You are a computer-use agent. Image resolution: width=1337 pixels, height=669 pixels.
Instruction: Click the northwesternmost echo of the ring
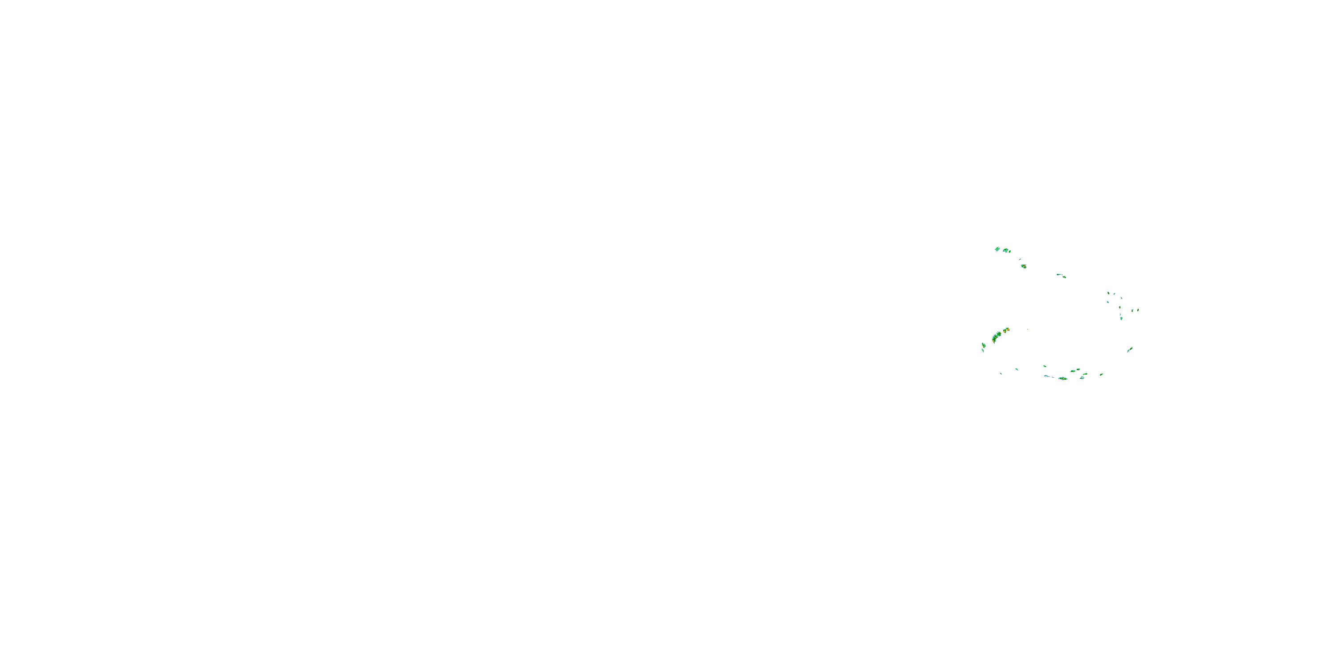coord(997,249)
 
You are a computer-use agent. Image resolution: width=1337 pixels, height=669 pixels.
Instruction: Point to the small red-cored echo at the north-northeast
coord(1061,275)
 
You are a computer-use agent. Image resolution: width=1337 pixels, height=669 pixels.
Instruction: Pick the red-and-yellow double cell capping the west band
coord(1006,330)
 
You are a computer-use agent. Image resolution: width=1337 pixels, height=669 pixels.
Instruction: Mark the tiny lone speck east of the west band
coord(1027,329)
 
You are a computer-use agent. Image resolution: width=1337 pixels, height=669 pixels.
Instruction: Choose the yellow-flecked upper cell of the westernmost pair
coord(984,345)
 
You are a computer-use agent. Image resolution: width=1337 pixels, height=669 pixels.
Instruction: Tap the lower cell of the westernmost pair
coord(983,351)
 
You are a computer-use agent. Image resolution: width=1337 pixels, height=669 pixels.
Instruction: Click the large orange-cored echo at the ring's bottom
coord(1062,378)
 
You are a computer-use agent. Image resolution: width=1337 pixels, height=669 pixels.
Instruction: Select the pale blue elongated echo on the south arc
coord(1046,376)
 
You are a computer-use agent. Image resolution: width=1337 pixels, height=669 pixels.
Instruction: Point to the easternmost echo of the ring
coord(1138,310)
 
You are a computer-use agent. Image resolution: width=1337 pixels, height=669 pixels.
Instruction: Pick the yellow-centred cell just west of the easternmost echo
coord(1132,310)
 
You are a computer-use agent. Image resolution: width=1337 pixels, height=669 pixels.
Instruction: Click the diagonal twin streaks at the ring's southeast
coord(1129,350)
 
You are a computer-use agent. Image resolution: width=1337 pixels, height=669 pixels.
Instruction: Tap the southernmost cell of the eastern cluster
coord(1121,318)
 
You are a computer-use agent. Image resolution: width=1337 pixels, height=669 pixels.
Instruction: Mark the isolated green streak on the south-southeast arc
coord(1101,374)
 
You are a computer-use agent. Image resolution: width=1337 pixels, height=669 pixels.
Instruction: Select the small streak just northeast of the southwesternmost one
coord(1016,369)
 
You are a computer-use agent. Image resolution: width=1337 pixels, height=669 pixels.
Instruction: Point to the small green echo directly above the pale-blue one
coord(1044,366)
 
